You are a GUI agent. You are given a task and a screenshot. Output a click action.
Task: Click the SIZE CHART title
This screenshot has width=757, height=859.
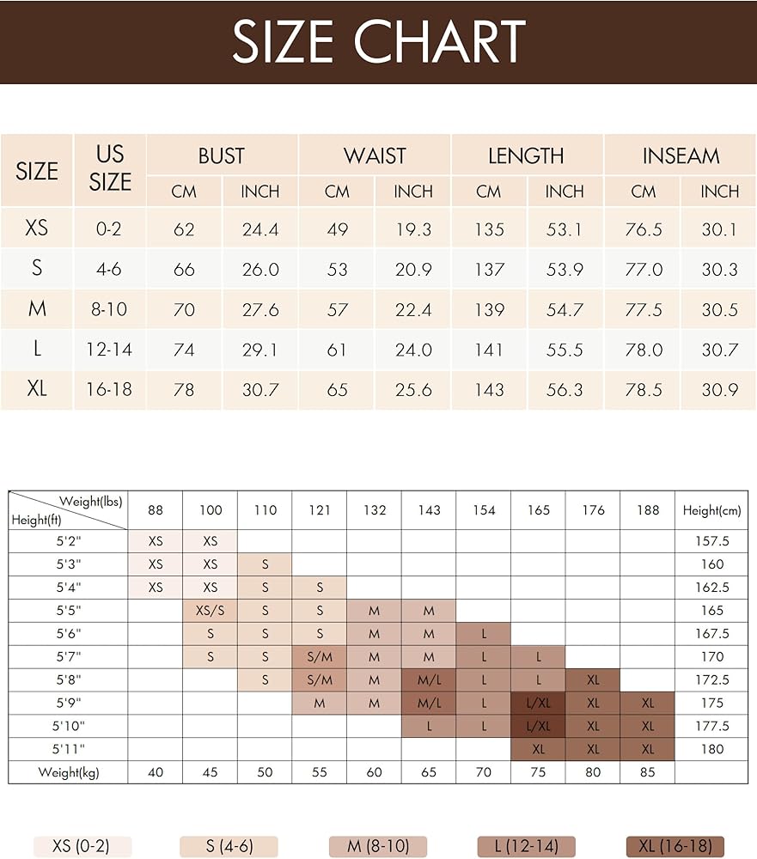[x=378, y=41]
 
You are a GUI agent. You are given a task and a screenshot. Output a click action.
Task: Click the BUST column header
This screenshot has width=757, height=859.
[x=222, y=155]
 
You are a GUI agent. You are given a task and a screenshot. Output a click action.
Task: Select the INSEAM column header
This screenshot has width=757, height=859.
[x=681, y=155]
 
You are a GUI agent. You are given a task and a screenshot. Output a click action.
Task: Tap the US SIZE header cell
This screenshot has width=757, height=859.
[x=110, y=168]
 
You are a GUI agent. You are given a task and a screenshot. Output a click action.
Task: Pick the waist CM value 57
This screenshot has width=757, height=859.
[x=337, y=310]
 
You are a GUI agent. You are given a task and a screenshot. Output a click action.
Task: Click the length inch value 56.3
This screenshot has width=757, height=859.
[x=565, y=389]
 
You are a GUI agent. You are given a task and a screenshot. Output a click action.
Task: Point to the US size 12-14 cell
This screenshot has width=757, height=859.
[x=109, y=350]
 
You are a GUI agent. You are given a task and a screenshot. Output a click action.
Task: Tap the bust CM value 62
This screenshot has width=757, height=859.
[x=184, y=229]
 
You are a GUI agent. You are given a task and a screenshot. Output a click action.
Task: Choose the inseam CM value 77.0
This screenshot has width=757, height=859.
[x=643, y=270]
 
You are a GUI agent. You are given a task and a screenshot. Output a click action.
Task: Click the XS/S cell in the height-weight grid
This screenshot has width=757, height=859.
[x=210, y=611]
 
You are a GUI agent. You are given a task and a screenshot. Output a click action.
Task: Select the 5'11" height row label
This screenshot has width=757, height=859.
[x=68, y=749]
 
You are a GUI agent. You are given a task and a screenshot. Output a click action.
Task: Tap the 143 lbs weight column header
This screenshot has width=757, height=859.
[x=429, y=510]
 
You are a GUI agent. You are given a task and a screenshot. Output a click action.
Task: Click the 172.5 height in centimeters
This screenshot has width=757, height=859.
[x=711, y=679]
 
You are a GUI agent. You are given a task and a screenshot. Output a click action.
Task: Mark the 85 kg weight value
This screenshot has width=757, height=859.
[x=647, y=772]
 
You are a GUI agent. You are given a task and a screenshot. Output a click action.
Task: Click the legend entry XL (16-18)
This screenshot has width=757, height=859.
[x=675, y=846]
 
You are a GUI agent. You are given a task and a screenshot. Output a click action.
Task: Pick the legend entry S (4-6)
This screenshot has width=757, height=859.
[x=229, y=846]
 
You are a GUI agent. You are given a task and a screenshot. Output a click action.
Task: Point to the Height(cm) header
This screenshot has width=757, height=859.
[x=711, y=510]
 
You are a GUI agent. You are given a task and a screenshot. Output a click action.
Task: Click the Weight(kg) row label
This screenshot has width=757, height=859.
[x=68, y=772]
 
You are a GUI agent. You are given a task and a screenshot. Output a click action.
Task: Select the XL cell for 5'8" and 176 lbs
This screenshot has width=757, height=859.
[x=593, y=679]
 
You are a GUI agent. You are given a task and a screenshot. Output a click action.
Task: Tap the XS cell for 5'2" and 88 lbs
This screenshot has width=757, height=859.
[x=156, y=542]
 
